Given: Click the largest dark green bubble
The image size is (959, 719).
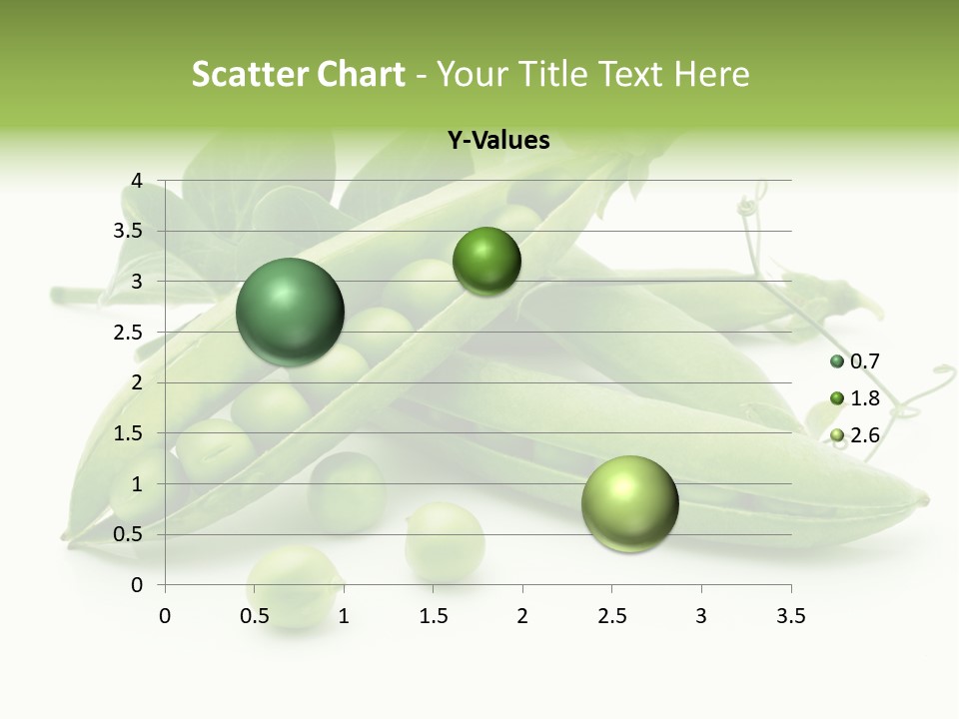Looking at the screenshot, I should coord(290,312).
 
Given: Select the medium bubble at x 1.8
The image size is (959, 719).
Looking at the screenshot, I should coord(486,261).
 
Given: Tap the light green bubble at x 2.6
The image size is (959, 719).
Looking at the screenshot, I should coord(629,503).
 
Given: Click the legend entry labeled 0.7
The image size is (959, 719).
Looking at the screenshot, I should coord(855,361).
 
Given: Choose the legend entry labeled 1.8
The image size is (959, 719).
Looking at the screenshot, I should coord(855,398).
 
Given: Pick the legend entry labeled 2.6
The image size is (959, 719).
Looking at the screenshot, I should coord(855,434).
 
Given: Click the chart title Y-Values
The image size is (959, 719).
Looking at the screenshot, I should coord(497,141).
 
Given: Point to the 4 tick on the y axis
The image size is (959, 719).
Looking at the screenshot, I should coord(137,181).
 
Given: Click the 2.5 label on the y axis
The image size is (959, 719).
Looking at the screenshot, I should coord(128,332).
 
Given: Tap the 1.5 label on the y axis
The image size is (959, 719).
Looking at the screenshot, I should coord(128,433).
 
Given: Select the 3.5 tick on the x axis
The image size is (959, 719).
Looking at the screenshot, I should coord(790,616).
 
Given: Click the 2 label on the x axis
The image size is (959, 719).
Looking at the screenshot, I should coord(522,616).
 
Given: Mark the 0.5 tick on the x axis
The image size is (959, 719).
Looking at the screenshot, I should coord(255,616).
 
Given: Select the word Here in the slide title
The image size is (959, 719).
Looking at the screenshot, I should coord(710,74).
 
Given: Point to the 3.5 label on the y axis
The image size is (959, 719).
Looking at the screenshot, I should coord(128,231).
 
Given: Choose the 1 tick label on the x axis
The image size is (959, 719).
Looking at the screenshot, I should coord(344,616).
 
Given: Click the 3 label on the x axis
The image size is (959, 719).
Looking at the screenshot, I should coord(701,616).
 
